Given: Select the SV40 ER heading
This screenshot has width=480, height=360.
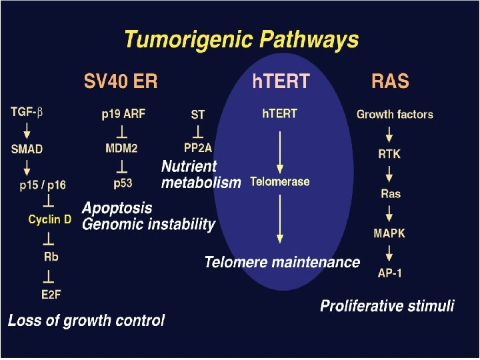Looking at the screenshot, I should [x=121, y=82].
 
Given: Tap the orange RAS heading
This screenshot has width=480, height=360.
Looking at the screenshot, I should [x=390, y=82].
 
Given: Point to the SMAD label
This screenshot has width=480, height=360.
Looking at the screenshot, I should [x=27, y=149].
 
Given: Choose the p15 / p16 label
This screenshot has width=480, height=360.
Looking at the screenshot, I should [x=43, y=185].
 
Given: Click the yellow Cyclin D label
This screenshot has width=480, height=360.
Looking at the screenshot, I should [x=49, y=219].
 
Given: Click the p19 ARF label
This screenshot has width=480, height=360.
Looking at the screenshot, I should [x=124, y=115].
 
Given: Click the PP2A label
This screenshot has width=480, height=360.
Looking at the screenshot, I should [x=197, y=147].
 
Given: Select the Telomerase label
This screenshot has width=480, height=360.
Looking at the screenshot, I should [x=280, y=181].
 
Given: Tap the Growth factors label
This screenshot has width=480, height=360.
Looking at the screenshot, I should [x=395, y=114].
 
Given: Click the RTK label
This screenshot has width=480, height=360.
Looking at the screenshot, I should [x=389, y=154].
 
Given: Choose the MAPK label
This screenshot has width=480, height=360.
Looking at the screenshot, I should [x=389, y=233].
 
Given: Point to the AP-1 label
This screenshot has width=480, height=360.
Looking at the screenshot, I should [x=389, y=273].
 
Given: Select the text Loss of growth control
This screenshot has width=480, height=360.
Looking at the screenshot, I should [x=86, y=321].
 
